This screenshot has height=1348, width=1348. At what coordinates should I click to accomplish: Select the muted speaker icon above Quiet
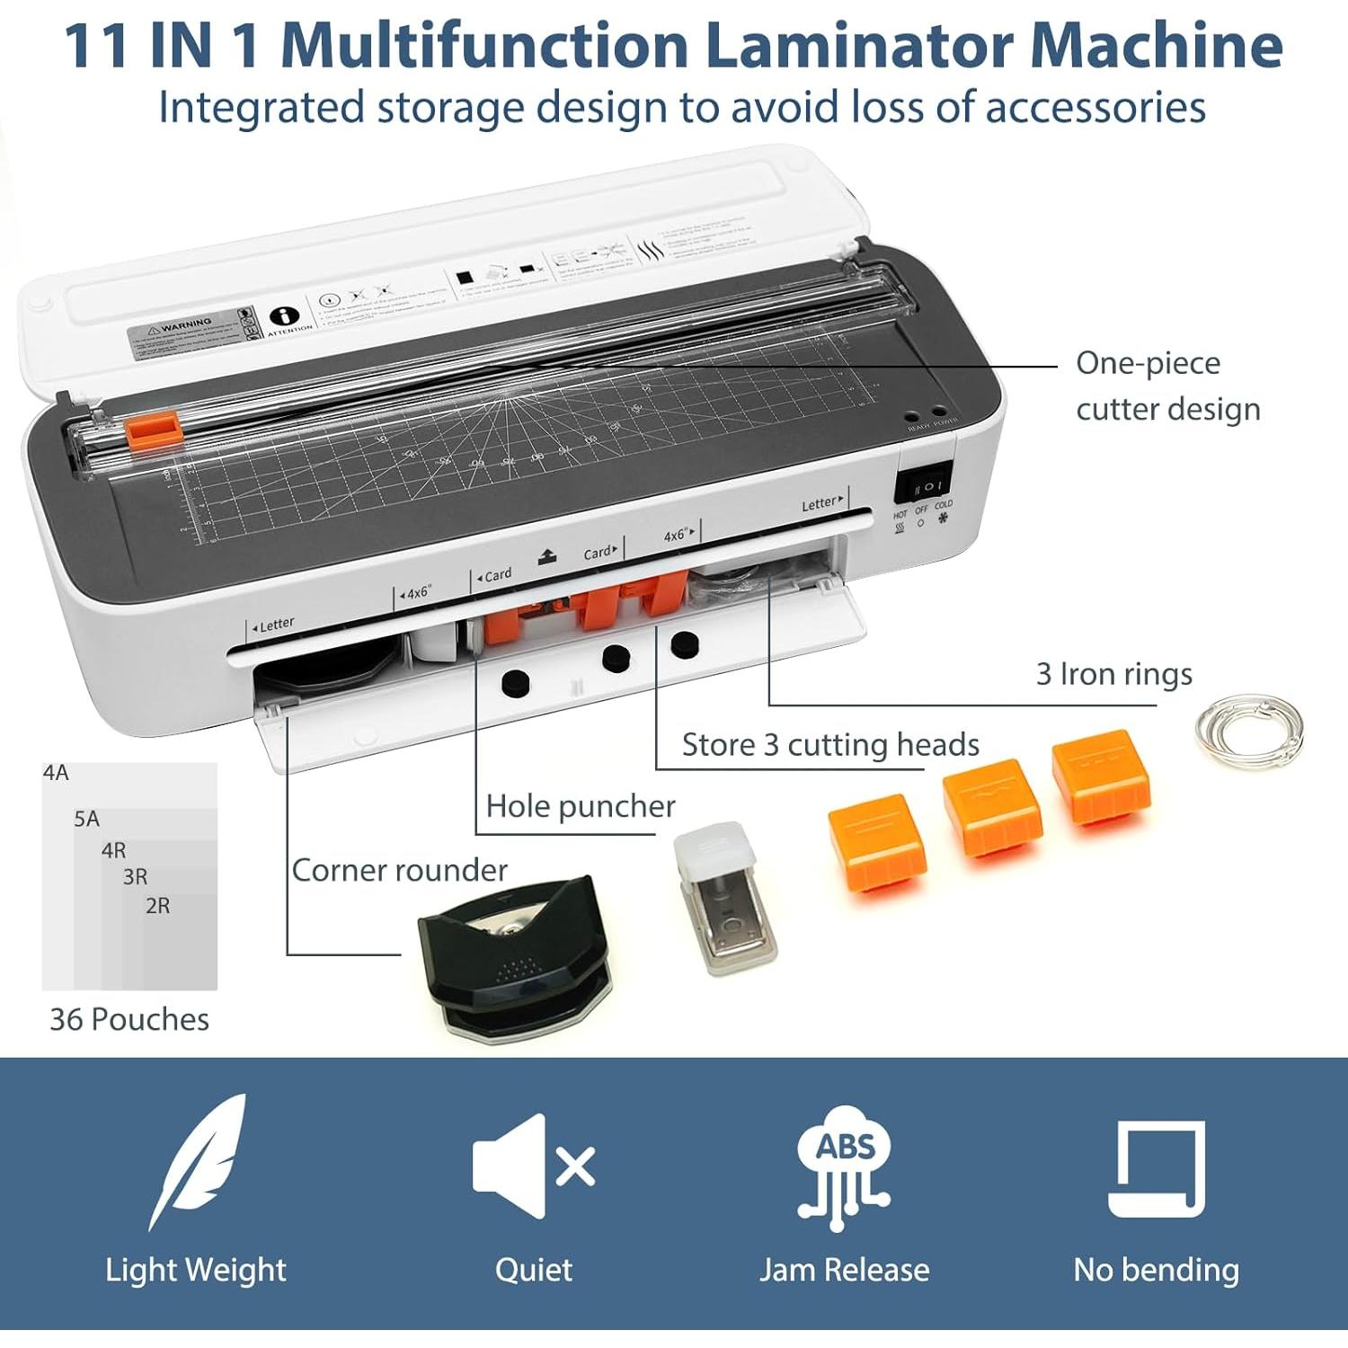[x=534, y=1166]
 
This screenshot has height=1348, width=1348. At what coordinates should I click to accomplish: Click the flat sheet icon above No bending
[x=1157, y=1168]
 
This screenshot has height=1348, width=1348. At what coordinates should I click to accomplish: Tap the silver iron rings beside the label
[x=1248, y=730]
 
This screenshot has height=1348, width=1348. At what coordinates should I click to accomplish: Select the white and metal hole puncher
[x=724, y=899]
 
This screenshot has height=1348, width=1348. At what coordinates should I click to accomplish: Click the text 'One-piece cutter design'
[x=1166, y=386]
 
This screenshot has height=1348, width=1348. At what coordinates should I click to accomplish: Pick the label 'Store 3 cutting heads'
[x=829, y=745]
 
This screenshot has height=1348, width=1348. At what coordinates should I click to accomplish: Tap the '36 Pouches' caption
[x=129, y=1019]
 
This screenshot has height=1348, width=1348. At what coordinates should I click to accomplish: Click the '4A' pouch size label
[x=56, y=773]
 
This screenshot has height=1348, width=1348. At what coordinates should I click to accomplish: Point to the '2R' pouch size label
[x=158, y=906]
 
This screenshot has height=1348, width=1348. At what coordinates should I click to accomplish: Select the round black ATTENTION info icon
[x=285, y=316]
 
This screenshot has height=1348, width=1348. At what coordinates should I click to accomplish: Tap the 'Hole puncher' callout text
[x=580, y=806]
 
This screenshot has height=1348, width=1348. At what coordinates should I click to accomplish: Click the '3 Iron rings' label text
[x=1113, y=674]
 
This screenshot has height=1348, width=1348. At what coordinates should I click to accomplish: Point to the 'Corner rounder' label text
[x=399, y=870]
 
